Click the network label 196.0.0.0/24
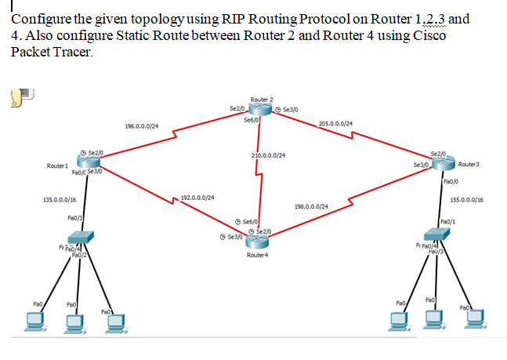point(142,125)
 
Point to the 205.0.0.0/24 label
point(335,123)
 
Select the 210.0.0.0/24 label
point(268,155)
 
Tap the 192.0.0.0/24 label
point(197,198)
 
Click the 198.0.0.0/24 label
point(311,206)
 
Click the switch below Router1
point(81,236)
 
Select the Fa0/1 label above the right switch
point(448,221)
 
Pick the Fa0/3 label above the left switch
point(76,217)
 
